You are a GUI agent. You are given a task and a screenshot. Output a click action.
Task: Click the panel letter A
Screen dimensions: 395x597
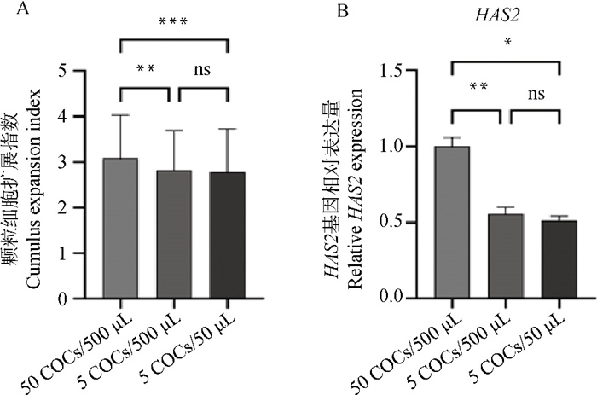pos(9,10)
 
